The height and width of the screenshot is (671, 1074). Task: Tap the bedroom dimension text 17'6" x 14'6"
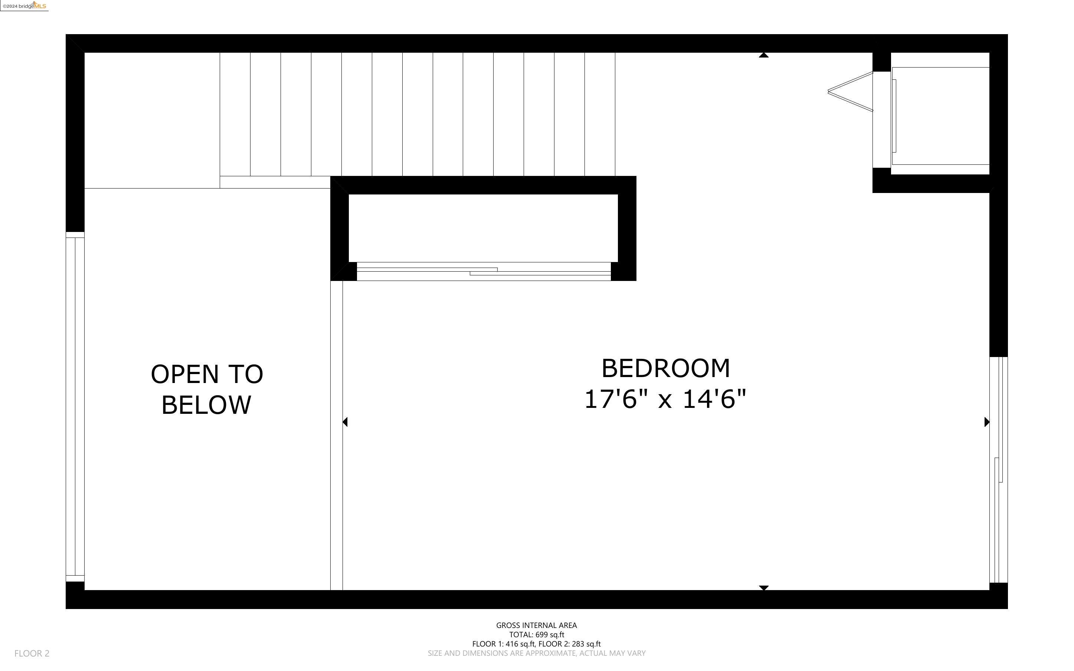(x=665, y=399)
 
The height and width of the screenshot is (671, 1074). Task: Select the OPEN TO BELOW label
(x=207, y=389)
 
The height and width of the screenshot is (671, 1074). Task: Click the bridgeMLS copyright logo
(x=24, y=6)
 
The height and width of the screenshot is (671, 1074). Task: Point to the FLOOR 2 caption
(x=32, y=653)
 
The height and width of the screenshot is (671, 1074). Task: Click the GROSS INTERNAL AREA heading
(x=536, y=625)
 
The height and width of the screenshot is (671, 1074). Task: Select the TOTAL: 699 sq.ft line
(x=536, y=635)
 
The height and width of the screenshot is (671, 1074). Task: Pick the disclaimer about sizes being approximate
(x=536, y=653)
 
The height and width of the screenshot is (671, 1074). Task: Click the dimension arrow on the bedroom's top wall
(x=763, y=55)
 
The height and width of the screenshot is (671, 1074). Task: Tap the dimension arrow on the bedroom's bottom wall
(x=763, y=587)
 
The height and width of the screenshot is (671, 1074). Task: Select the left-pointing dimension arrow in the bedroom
(x=345, y=422)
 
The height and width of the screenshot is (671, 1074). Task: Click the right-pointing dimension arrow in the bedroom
(x=987, y=422)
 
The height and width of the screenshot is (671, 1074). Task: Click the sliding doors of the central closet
(x=484, y=271)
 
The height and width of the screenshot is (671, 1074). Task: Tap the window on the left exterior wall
(x=75, y=406)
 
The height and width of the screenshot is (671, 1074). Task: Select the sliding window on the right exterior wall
(x=998, y=469)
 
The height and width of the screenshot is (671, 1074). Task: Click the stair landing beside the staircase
(x=152, y=120)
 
